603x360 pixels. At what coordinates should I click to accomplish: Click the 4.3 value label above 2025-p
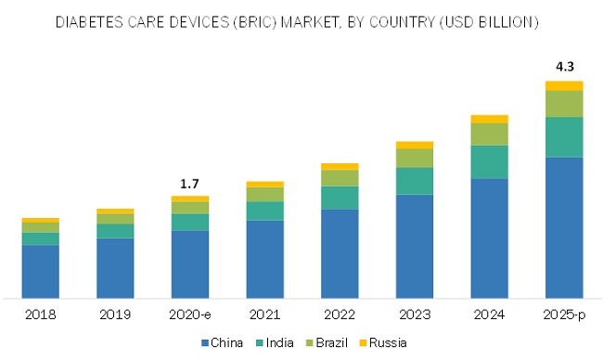point(564,67)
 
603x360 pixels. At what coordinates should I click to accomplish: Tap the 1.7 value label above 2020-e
point(190,183)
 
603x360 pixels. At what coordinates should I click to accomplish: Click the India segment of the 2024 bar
point(489,161)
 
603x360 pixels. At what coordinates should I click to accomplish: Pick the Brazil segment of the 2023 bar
point(415,158)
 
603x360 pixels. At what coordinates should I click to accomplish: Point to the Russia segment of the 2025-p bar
point(564,85)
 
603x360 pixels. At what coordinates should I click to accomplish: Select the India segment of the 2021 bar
point(265,211)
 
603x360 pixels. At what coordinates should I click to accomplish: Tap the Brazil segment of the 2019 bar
point(116,218)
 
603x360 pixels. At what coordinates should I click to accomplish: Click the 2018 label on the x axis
point(41,315)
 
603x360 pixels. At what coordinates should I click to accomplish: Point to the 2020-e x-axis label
point(190,315)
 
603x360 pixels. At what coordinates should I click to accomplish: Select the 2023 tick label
point(415,315)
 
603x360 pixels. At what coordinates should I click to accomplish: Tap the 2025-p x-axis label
point(564,315)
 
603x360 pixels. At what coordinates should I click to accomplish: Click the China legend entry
point(222,343)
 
